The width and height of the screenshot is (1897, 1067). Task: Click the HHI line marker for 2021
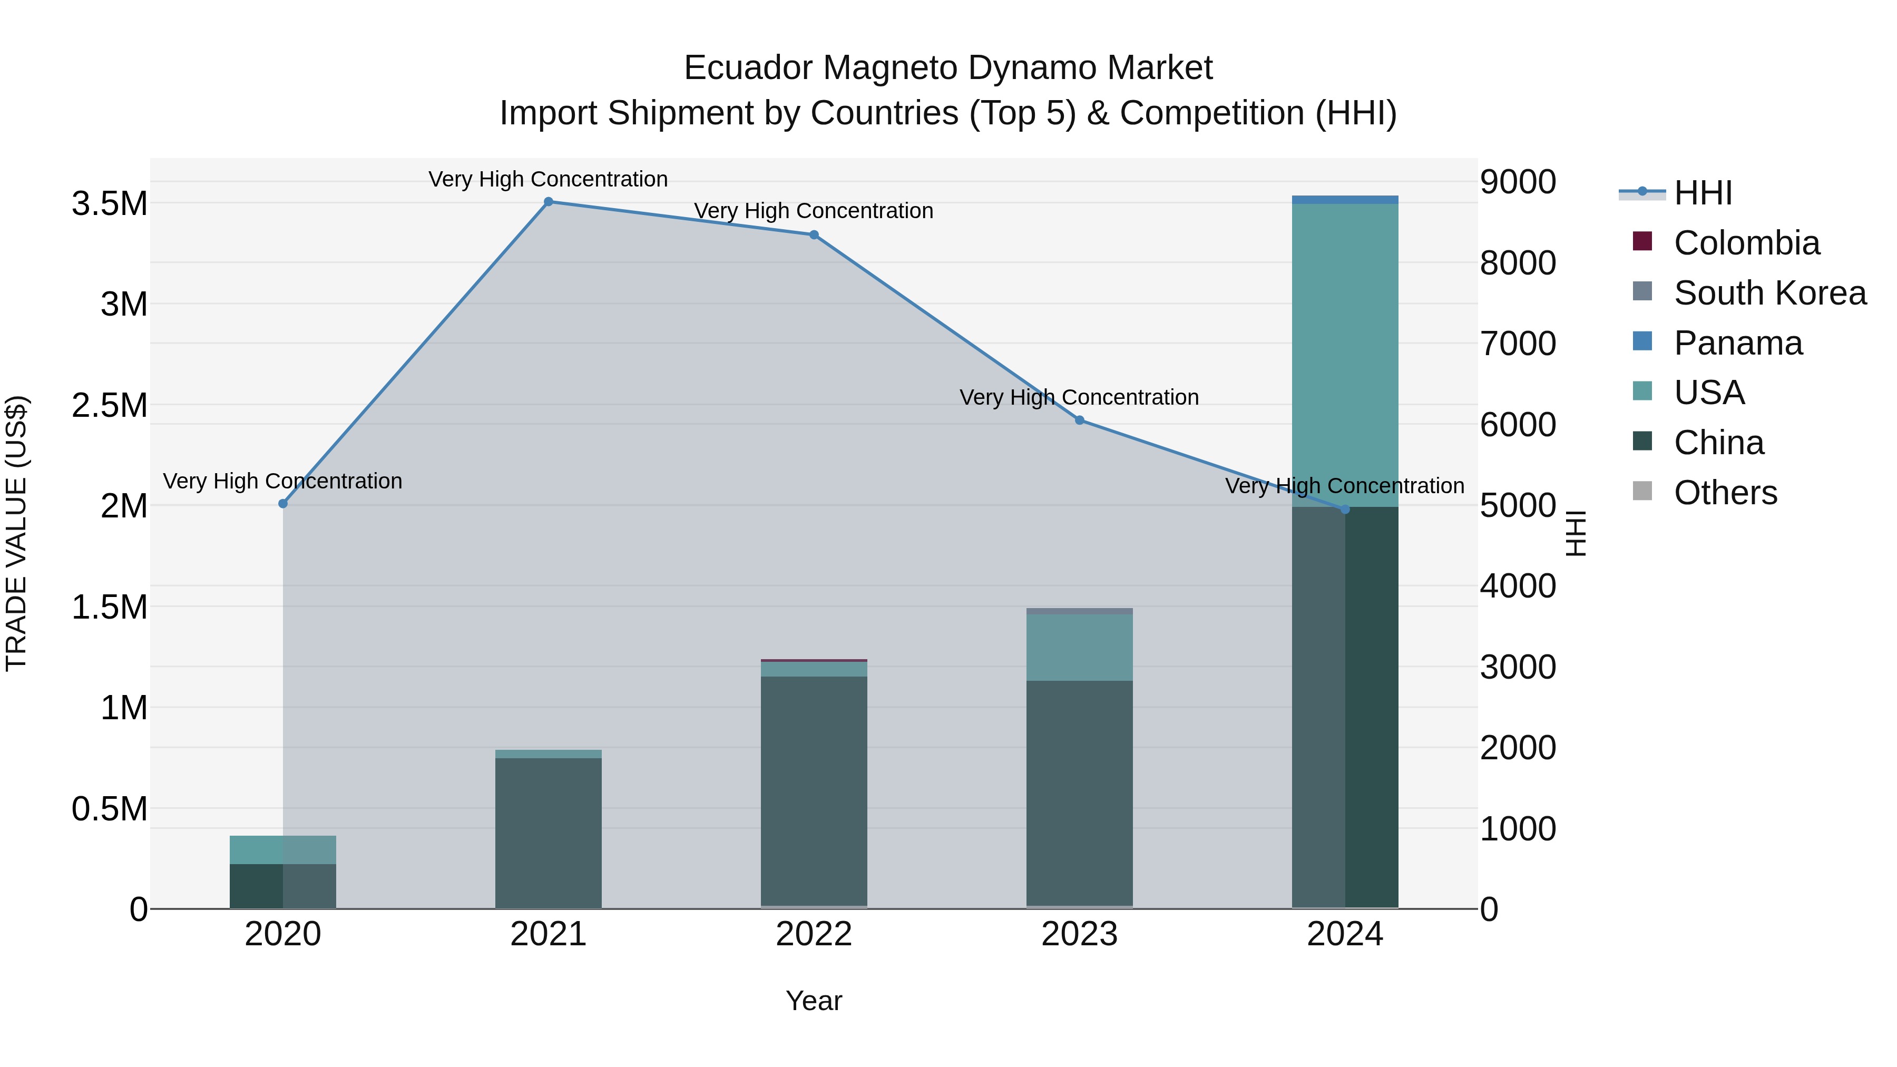548,202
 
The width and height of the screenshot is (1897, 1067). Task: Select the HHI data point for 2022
814,235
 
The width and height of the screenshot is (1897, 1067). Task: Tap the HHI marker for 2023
1080,420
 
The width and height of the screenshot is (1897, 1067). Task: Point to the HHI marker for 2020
283,504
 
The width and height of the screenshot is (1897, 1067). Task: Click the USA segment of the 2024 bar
1345,354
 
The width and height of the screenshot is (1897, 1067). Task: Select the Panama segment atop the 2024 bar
1345,200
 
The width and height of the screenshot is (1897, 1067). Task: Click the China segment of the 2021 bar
548,832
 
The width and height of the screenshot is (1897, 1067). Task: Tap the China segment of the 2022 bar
814,791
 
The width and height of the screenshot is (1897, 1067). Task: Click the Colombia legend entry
1746,243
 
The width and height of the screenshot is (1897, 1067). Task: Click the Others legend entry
1725,493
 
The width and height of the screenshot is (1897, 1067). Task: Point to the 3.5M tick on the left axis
110,204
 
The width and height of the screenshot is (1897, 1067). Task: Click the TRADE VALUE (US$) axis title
16,533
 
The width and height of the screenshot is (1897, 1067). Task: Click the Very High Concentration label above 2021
548,179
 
